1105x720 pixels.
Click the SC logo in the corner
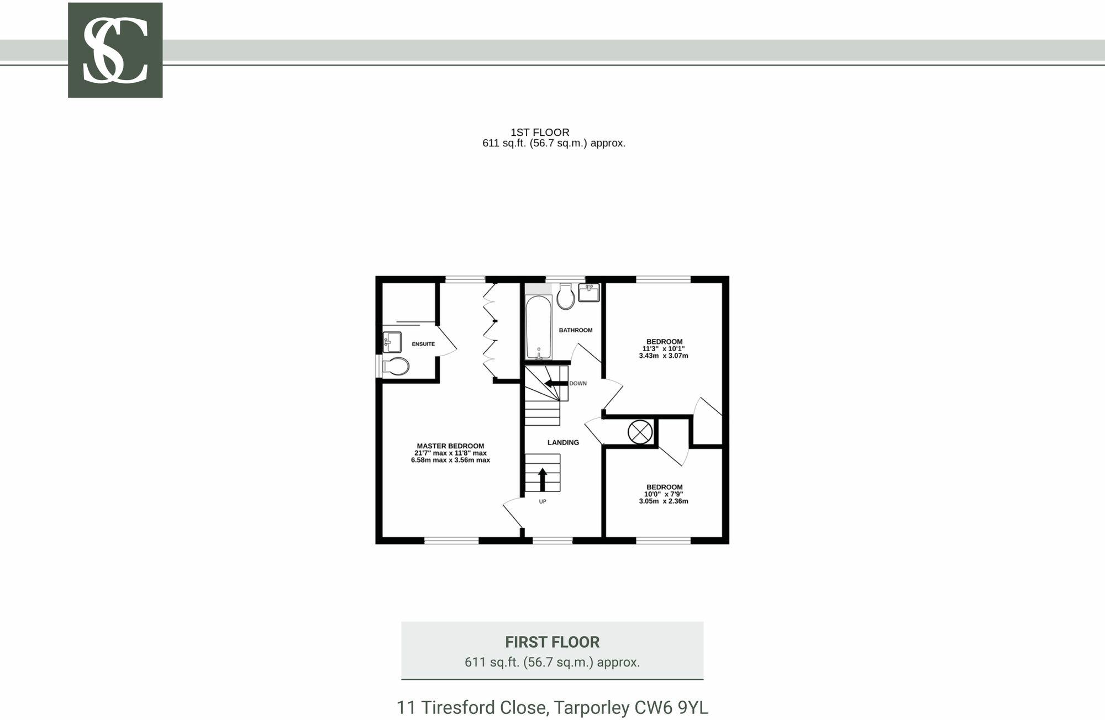click(x=115, y=50)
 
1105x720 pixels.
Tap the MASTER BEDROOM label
click(x=450, y=446)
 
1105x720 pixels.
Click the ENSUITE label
click(x=423, y=344)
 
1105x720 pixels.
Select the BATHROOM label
click(x=575, y=330)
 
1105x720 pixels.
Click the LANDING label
click(x=563, y=442)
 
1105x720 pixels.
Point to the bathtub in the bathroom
click(x=538, y=327)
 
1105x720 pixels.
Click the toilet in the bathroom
click(x=566, y=297)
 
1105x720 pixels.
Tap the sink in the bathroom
click(x=589, y=293)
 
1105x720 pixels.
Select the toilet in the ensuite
click(x=396, y=366)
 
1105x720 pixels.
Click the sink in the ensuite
click(x=392, y=342)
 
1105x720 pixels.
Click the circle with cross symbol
click(x=640, y=431)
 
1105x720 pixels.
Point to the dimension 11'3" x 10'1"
click(x=663, y=349)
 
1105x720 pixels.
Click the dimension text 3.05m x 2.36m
click(x=663, y=501)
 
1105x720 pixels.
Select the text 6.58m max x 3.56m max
click(x=450, y=460)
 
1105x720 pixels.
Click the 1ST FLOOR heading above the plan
click(x=539, y=133)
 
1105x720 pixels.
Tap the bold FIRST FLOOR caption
click(x=552, y=642)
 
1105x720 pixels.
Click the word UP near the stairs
click(x=542, y=501)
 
